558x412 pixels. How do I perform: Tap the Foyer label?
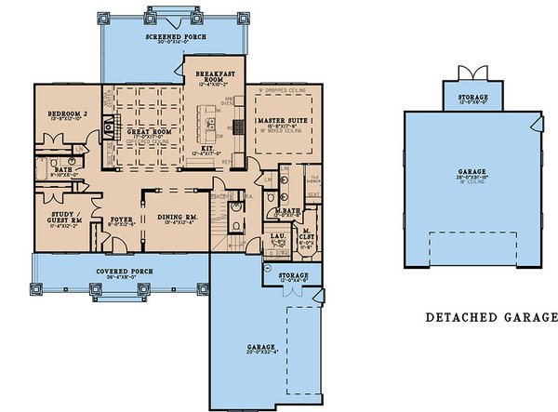pos(120,219)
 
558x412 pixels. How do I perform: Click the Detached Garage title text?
pos(491,317)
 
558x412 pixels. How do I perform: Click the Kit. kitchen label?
pos(206,149)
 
